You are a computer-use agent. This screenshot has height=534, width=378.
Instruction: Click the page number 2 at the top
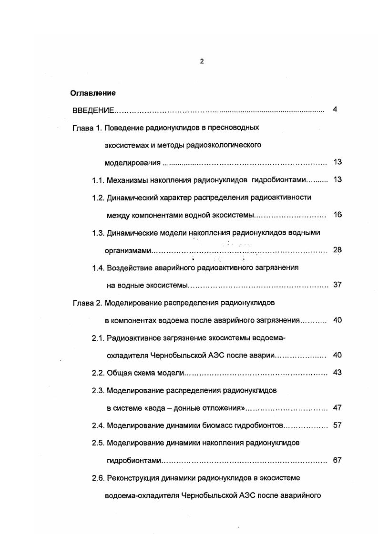coord(202,61)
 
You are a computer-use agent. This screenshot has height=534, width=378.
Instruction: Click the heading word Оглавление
coord(93,93)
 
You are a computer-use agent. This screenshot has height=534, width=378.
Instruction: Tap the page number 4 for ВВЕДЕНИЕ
coord(335,109)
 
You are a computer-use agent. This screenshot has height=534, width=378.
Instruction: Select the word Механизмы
coord(127,180)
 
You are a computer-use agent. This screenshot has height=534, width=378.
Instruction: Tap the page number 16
coord(337,215)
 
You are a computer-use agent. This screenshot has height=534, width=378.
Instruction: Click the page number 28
coord(337,250)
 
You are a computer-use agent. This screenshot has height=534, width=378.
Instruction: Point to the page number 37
coord(337,285)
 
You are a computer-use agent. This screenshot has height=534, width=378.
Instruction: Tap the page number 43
coord(337,372)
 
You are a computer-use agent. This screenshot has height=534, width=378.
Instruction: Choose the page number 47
coord(337,407)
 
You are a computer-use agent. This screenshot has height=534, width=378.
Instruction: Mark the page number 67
coord(337,460)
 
